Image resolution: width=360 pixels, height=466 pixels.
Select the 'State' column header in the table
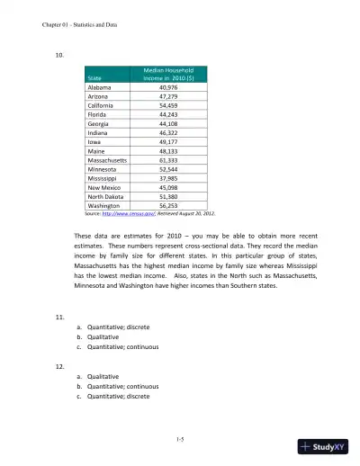94,77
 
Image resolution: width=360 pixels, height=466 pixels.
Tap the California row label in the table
101,106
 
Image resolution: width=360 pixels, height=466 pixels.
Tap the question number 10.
60,54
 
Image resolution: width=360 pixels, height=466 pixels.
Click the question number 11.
60,318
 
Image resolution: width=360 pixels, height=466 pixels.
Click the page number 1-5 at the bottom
180,437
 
